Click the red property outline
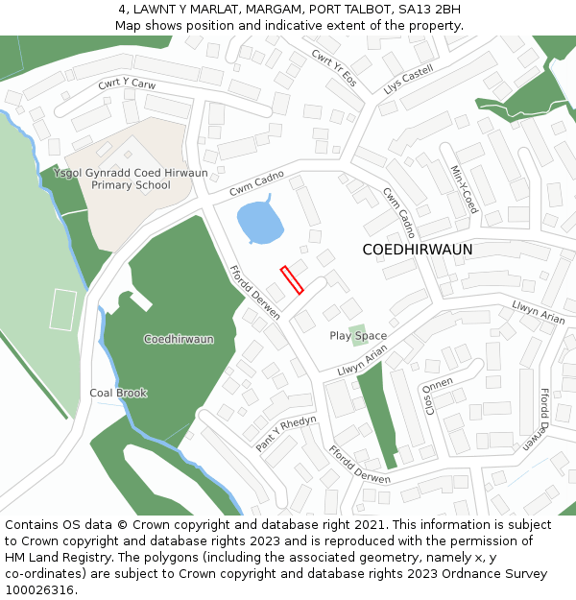coord(292,279)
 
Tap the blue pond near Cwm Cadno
coord(259,223)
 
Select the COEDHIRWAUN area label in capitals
coord(418,250)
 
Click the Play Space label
coord(358,336)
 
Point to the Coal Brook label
coord(118,393)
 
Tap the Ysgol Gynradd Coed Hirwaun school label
coord(131,179)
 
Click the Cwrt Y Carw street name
coord(127,84)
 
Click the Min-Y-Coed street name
coord(464,188)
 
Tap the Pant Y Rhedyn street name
coord(285,433)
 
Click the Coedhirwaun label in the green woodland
coord(179,339)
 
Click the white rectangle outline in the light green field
coord(63,309)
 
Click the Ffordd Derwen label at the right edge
coord(544,420)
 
